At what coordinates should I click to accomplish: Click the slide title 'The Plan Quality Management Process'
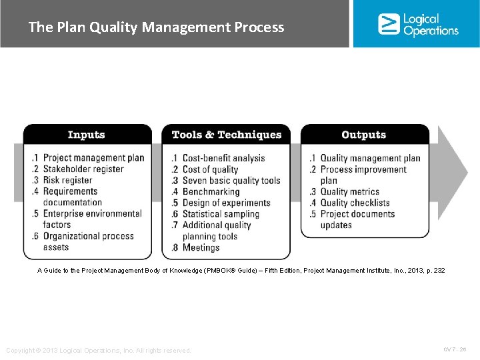(156, 27)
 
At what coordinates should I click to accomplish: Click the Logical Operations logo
(418, 24)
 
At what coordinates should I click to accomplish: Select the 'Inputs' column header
(87, 135)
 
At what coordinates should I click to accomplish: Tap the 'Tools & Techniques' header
(227, 135)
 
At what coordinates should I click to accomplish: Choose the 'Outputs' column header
(363, 135)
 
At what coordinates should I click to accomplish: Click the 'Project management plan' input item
(93, 158)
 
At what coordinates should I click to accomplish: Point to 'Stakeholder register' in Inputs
(83, 169)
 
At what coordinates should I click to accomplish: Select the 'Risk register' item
(67, 180)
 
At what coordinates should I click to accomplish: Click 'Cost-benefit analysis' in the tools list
(223, 158)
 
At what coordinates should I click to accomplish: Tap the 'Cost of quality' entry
(210, 169)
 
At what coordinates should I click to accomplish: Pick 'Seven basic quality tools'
(231, 181)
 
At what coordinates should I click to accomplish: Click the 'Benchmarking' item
(211, 191)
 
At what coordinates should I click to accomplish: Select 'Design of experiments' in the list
(226, 203)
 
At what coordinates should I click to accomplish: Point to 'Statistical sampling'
(221, 214)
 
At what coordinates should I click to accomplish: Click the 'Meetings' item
(201, 247)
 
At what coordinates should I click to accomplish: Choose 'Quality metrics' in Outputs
(349, 191)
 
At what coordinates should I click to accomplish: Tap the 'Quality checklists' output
(355, 203)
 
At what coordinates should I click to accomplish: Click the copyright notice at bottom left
(99, 351)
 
